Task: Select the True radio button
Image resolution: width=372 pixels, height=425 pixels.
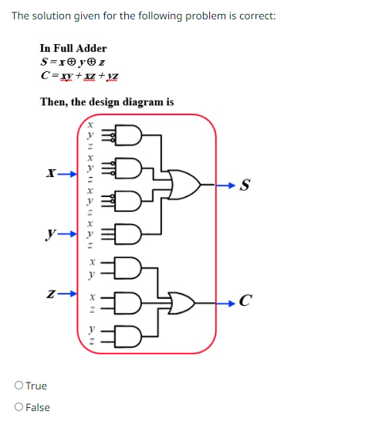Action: coord(19,386)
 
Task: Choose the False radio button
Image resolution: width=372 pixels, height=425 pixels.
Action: coord(19,407)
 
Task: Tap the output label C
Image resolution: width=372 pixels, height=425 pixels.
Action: coord(245,301)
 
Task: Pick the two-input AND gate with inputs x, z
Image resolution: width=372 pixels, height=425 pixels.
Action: coord(128,301)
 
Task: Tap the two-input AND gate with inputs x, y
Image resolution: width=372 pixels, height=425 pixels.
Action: coord(128,267)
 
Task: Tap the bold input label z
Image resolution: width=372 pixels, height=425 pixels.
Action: coord(50,294)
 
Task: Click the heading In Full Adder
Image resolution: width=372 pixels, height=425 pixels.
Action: coord(73,48)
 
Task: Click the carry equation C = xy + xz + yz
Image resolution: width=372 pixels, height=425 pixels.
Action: coord(80,76)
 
